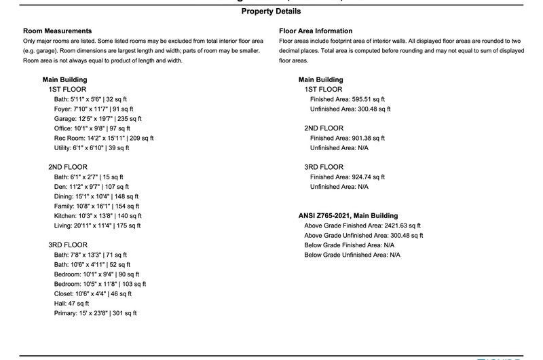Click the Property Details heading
tap(271, 12)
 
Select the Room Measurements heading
tap(57, 31)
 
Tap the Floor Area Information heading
tap(316, 31)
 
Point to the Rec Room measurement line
tap(104, 138)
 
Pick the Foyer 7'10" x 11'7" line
tap(94, 109)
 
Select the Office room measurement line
tap(92, 128)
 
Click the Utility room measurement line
tap(91, 147)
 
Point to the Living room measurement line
tap(97, 226)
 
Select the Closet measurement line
tap(92, 294)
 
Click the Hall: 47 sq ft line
tap(71, 304)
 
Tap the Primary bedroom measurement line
tap(95, 314)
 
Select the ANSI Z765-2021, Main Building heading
tap(348, 216)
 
